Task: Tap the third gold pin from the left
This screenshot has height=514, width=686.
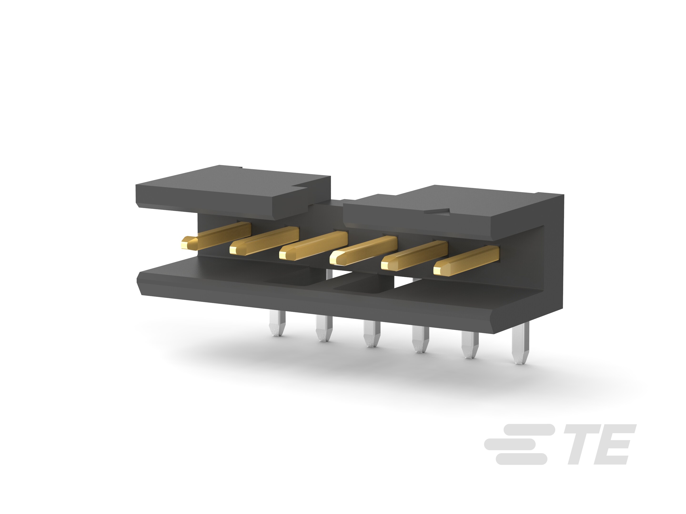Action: tap(313, 246)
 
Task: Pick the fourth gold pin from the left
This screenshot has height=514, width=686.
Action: tap(363, 250)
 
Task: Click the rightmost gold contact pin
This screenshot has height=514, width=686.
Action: tap(466, 261)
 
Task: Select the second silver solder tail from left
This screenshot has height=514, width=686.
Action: tap(324, 328)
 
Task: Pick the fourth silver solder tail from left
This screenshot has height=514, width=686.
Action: tap(420, 340)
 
